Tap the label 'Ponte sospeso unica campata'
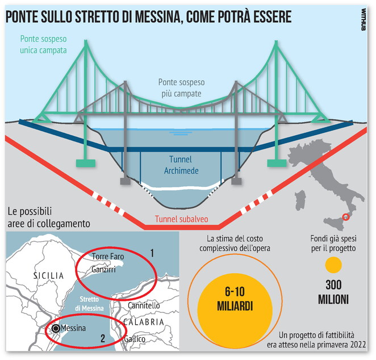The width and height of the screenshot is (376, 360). pos(43,45)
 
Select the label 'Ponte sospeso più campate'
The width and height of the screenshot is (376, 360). pos(182,87)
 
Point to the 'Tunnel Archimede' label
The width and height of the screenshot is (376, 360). pos(181,165)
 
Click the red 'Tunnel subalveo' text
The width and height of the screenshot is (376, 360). pos(182,219)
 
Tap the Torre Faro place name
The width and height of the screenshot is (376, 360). pos(108,256)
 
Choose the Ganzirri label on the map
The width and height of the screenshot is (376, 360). pos(103,269)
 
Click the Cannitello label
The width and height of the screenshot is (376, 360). pos(144,305)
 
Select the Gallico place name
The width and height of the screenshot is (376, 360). pos(135,339)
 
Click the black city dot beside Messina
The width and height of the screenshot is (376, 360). pos(56,328)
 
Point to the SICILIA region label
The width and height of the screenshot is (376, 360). pos(49,275)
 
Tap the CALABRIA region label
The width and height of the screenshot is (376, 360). pos(144,322)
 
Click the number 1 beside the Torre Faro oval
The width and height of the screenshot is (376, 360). pos(152,253)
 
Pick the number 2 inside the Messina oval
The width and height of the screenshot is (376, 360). pos(103,338)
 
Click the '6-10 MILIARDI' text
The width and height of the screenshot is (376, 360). pos(235,299)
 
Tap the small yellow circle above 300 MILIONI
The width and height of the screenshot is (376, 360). pos(333,265)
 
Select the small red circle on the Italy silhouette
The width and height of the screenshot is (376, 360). pos(346,217)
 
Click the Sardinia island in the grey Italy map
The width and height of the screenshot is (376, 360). pos(300,200)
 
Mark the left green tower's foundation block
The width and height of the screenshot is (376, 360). pos(86,163)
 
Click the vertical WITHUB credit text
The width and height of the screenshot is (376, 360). pos(364,19)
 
